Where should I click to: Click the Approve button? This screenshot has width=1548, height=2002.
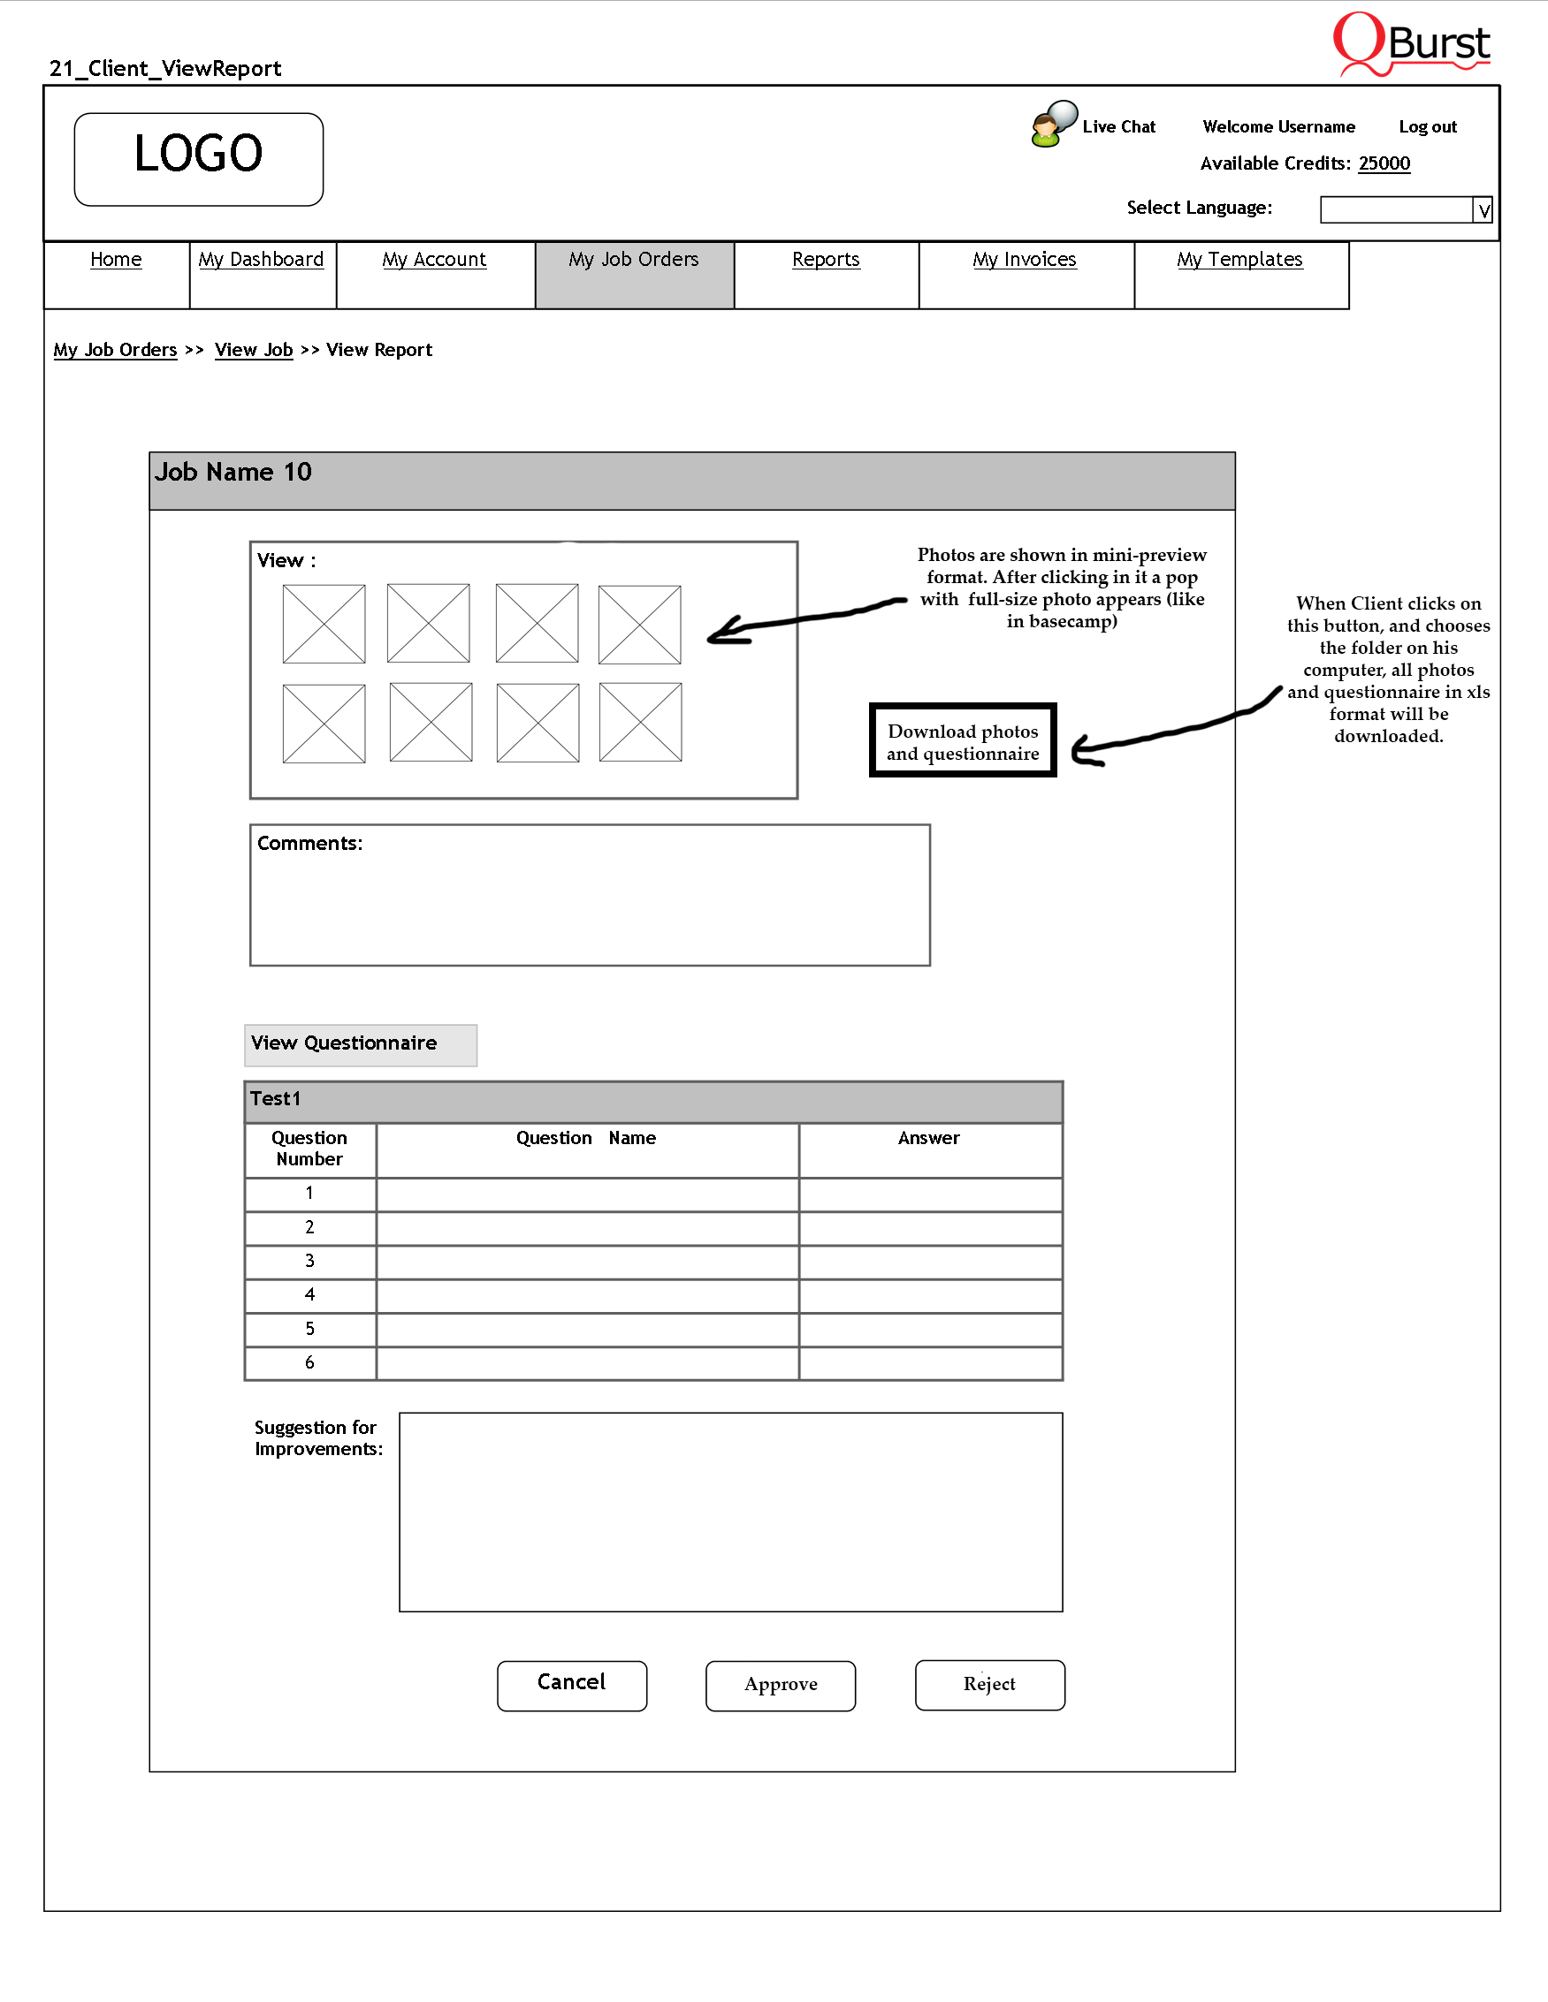pyautogui.click(x=781, y=1685)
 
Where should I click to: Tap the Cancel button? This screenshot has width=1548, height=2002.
pyautogui.click(x=571, y=1685)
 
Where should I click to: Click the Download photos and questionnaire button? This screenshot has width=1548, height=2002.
pyautogui.click(x=963, y=740)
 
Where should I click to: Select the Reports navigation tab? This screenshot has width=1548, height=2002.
pyautogui.click(x=826, y=261)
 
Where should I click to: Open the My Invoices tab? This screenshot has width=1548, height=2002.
pyautogui.click(x=1025, y=261)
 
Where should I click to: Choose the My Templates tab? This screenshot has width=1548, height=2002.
pyautogui.click(x=1239, y=261)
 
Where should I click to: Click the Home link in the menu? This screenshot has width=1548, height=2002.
pyautogui.click(x=116, y=261)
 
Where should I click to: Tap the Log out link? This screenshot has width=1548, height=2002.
pyautogui.click(x=1427, y=127)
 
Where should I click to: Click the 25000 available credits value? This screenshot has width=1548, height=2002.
pyautogui.click(x=1384, y=164)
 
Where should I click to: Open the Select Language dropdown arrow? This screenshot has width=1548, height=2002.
pyautogui.click(x=1483, y=211)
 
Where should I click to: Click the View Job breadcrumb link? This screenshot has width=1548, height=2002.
pyautogui.click(x=253, y=350)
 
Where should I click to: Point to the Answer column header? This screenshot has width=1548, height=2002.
pyautogui.click(x=929, y=1139)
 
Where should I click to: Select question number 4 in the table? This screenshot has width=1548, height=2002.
pyautogui.click(x=310, y=1295)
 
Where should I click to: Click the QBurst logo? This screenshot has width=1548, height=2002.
pyautogui.click(x=1411, y=44)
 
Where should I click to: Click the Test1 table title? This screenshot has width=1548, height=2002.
pyautogui.click(x=275, y=1099)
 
